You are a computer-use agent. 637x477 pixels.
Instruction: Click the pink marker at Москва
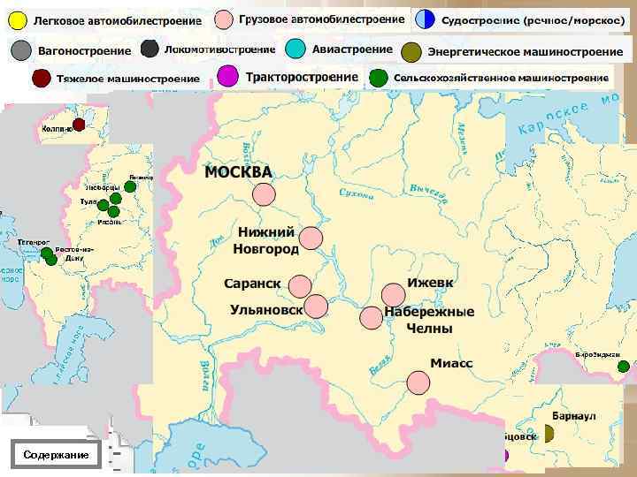click(x=263, y=194)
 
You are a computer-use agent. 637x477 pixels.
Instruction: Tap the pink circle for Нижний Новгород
click(x=311, y=238)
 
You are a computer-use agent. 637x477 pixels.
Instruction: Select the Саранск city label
click(x=252, y=284)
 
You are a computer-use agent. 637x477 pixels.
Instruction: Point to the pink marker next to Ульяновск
click(x=315, y=307)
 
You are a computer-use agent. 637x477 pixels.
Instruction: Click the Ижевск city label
click(x=431, y=283)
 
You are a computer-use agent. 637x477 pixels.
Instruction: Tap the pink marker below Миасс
click(x=418, y=382)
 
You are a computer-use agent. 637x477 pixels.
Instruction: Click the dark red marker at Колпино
click(x=79, y=125)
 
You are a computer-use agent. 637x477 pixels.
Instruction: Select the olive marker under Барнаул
click(x=548, y=433)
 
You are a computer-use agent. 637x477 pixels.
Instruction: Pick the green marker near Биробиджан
click(x=624, y=367)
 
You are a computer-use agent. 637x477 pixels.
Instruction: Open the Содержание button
click(x=57, y=454)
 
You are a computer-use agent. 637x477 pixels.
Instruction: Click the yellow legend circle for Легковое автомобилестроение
click(x=17, y=20)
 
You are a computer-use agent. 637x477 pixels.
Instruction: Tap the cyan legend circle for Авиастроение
click(x=295, y=49)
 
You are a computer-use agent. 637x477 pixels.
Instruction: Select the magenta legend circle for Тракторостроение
click(x=227, y=77)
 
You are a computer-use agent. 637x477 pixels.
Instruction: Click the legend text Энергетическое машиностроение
click(x=525, y=51)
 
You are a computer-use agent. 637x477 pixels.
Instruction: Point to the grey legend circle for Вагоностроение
click(x=20, y=50)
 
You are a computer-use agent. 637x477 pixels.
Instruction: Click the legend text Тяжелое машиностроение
click(x=128, y=79)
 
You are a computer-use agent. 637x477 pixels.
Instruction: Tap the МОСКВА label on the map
click(x=239, y=171)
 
